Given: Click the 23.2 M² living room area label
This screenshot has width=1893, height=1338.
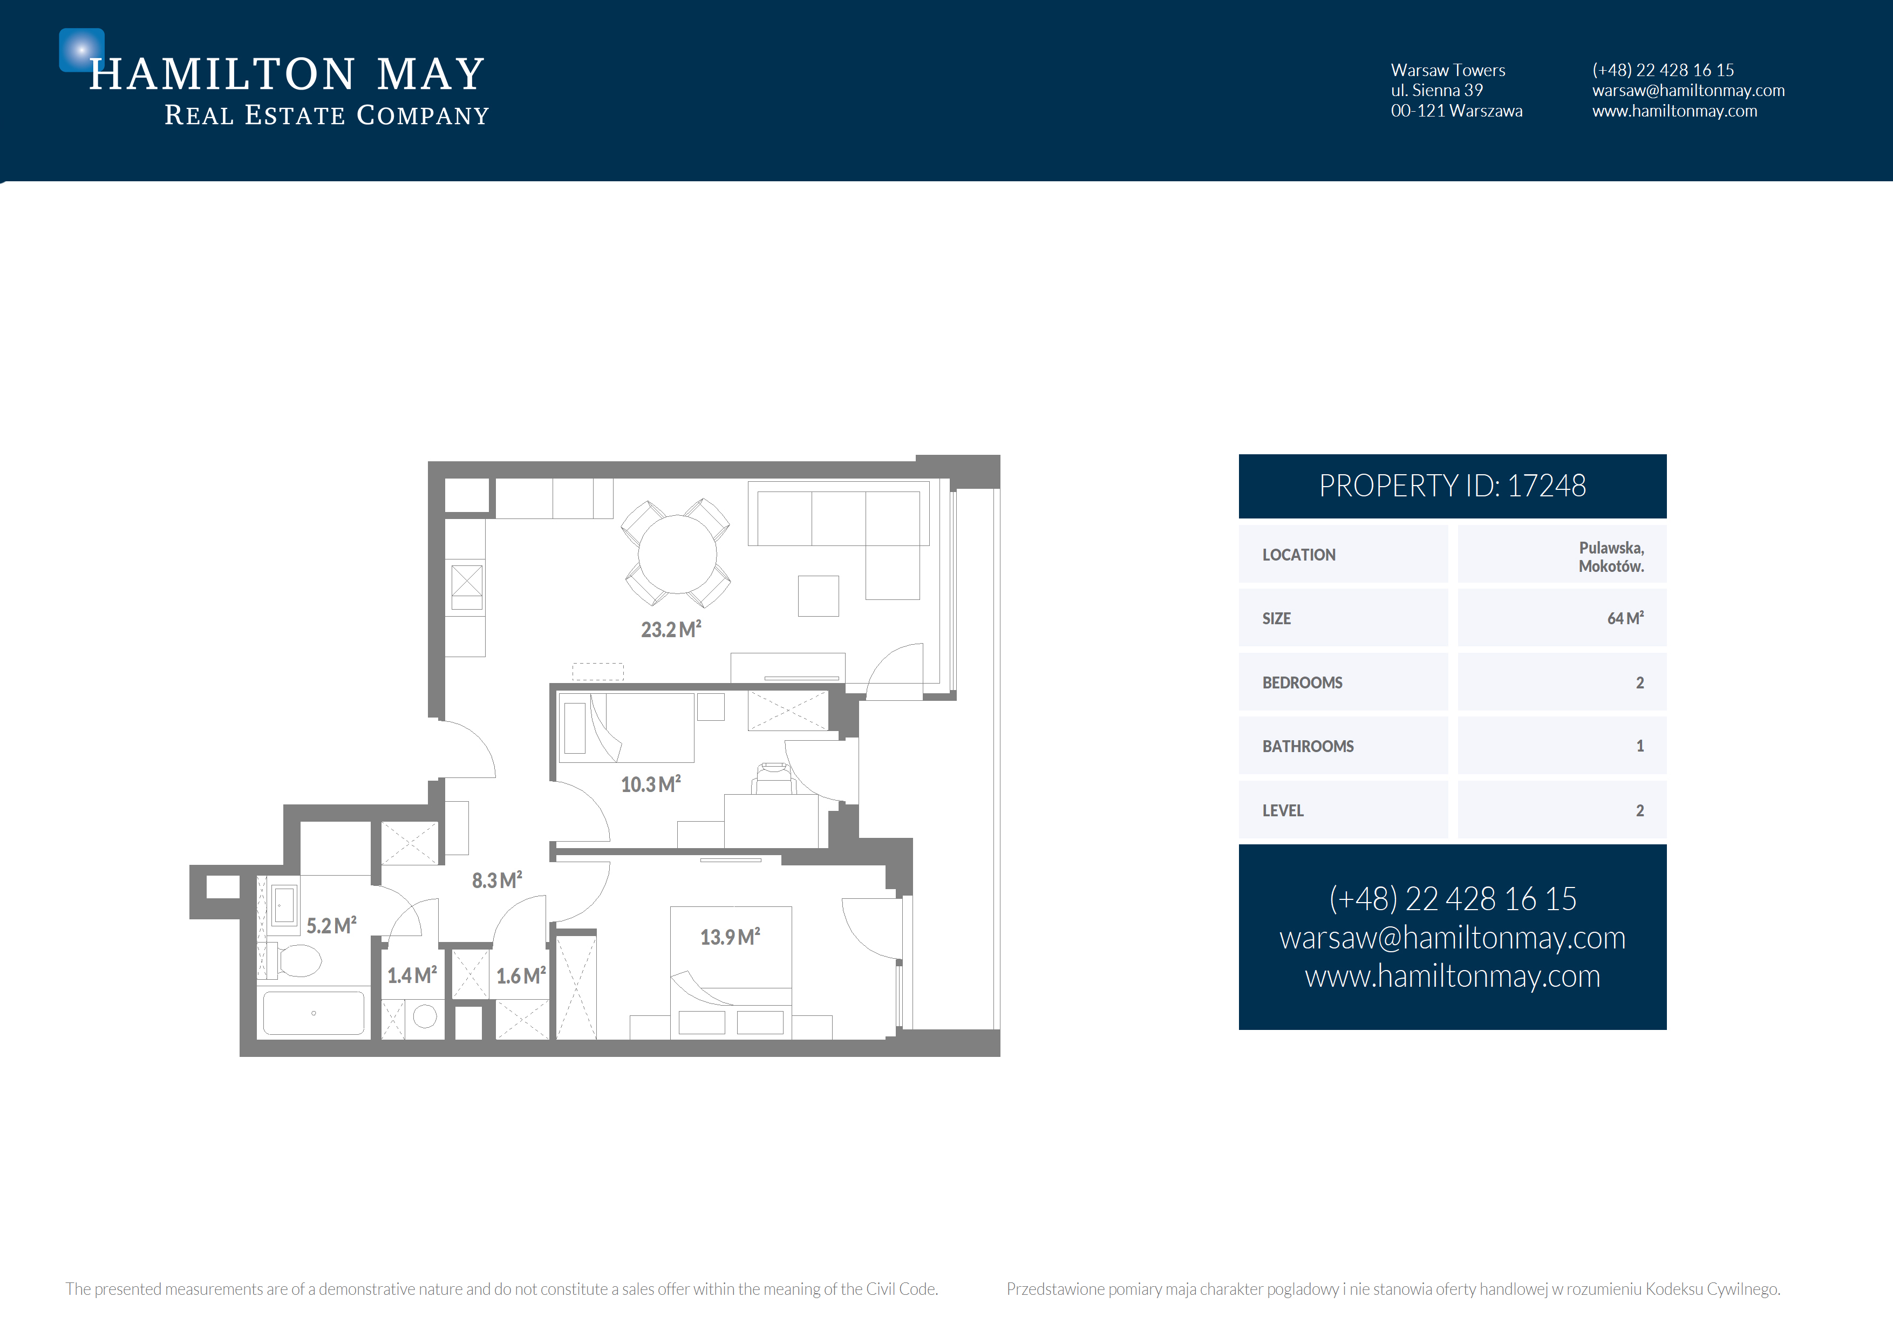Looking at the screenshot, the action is tap(671, 630).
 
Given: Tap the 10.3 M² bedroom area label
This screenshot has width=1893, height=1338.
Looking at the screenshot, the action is tap(650, 784).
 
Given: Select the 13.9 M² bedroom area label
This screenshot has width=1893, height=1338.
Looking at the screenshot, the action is tap(730, 937).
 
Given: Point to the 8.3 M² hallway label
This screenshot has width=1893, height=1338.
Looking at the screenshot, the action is tap(496, 880).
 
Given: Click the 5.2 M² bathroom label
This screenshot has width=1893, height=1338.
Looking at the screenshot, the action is tap(331, 926).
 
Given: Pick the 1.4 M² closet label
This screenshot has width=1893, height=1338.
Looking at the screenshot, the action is tap(412, 976).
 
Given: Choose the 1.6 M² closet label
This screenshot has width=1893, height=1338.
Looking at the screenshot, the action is tap(521, 976).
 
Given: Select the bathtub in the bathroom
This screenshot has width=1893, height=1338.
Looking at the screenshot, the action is tap(314, 1013).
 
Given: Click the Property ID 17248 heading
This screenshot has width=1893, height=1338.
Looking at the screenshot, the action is tap(1452, 487).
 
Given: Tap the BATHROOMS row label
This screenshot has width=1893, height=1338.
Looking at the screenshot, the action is tap(1308, 747).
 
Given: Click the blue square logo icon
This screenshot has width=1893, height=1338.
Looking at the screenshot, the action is tap(81, 50).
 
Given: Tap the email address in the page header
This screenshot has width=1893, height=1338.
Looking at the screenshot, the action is tap(1688, 91).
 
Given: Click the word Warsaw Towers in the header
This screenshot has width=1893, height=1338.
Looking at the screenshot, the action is tap(1448, 70).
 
